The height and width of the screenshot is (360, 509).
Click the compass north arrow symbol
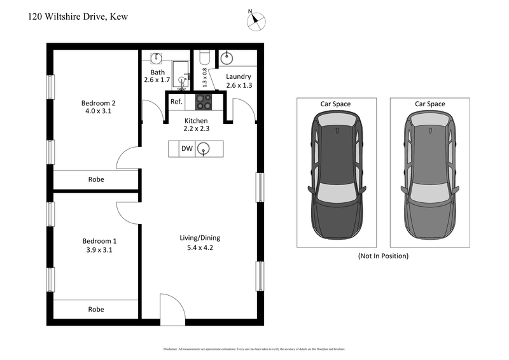(x=255, y=20)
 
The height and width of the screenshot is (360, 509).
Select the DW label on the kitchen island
(x=187, y=149)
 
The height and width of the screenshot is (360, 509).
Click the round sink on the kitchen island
(x=204, y=149)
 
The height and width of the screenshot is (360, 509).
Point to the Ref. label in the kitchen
(x=176, y=102)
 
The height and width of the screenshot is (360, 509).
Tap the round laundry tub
(x=227, y=58)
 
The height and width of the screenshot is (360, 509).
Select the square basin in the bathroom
(x=156, y=58)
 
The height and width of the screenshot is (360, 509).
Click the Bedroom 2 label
(x=98, y=102)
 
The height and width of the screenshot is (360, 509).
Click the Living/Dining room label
(x=200, y=238)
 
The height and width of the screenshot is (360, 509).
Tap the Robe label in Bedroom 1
(x=95, y=309)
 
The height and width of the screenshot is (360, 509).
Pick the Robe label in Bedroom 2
(x=95, y=179)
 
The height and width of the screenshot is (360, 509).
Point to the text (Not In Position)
(x=382, y=256)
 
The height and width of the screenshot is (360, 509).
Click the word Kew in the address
(x=119, y=17)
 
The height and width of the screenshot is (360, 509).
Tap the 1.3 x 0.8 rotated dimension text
(x=204, y=77)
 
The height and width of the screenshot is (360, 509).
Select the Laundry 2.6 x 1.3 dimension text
(x=239, y=85)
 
